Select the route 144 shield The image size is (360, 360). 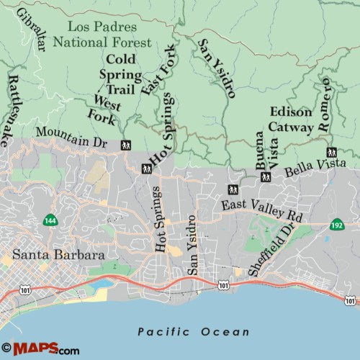[50, 220]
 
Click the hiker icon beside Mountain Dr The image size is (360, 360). [126, 145]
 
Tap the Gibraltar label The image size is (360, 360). [33, 31]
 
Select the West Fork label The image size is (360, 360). [103, 107]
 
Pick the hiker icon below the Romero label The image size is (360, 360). [331, 153]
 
